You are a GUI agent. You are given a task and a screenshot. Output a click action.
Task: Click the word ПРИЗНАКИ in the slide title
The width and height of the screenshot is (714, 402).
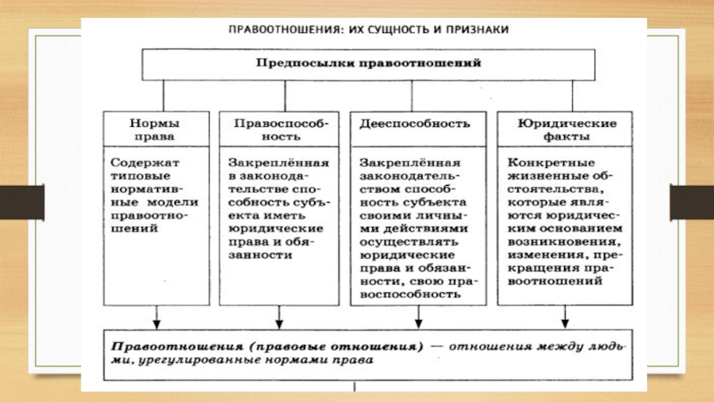click(x=477, y=29)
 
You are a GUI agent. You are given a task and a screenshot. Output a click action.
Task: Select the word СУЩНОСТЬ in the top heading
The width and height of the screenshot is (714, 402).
click(x=389, y=30)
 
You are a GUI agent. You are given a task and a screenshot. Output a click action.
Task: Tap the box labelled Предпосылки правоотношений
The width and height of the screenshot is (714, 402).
click(x=369, y=64)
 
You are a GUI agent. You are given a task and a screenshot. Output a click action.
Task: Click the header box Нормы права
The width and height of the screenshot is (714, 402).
click(x=156, y=130)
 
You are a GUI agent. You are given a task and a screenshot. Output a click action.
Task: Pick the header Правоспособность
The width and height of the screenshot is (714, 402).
click(x=279, y=130)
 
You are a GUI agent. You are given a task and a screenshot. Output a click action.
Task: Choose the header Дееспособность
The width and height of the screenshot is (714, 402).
click(x=418, y=130)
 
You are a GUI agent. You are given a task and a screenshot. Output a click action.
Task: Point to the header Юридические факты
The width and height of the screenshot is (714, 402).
click(x=565, y=130)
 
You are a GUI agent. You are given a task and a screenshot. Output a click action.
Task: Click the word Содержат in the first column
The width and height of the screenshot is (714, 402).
click(x=145, y=163)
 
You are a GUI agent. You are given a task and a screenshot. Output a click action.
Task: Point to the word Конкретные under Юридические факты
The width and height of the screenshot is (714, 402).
click(x=551, y=163)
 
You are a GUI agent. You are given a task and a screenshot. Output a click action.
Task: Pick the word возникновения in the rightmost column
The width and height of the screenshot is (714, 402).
click(x=564, y=241)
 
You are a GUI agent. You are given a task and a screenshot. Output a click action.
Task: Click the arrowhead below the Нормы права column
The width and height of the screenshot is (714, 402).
click(x=157, y=323)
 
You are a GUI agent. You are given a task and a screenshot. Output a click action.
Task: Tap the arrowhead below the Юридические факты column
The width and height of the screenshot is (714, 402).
click(x=565, y=323)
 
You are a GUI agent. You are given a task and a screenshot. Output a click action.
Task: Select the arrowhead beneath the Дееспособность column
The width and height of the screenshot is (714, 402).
click(x=419, y=323)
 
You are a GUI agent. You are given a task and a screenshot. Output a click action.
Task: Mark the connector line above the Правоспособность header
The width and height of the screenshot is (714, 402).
click(x=285, y=96)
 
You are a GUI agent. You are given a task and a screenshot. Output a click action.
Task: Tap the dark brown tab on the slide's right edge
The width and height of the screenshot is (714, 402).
click(x=692, y=202)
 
